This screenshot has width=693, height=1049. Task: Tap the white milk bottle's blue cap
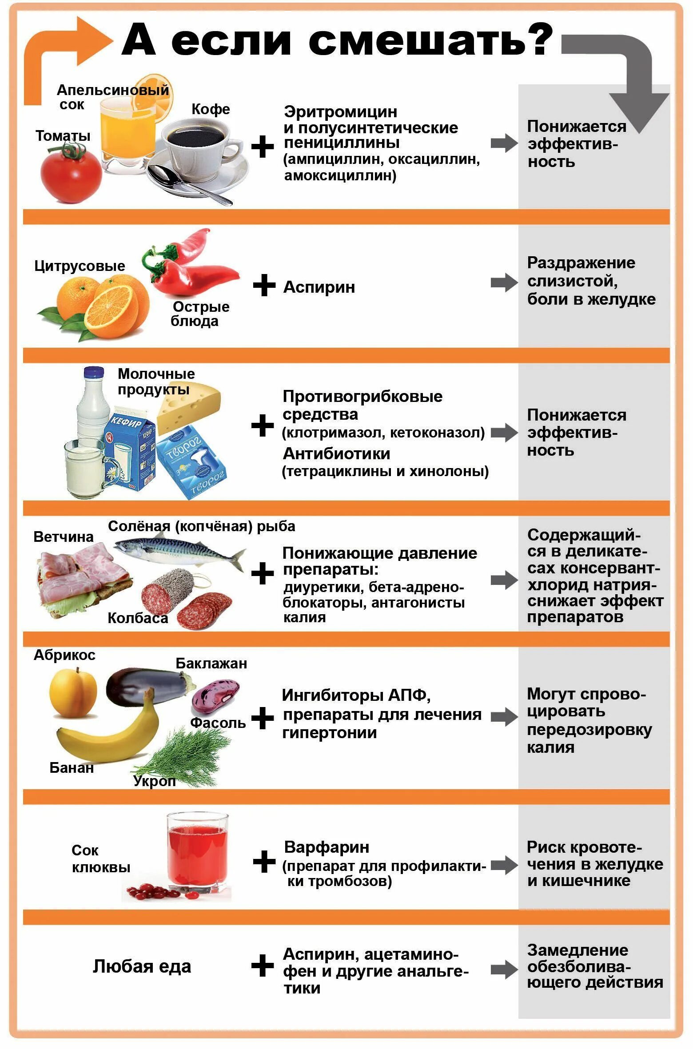tap(94, 373)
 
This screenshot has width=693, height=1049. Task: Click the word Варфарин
tap(327, 847)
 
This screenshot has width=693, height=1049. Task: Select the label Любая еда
tap(142, 966)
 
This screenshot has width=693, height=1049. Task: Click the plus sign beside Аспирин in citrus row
tap(264, 286)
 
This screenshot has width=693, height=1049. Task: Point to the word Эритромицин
tap(340, 111)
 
